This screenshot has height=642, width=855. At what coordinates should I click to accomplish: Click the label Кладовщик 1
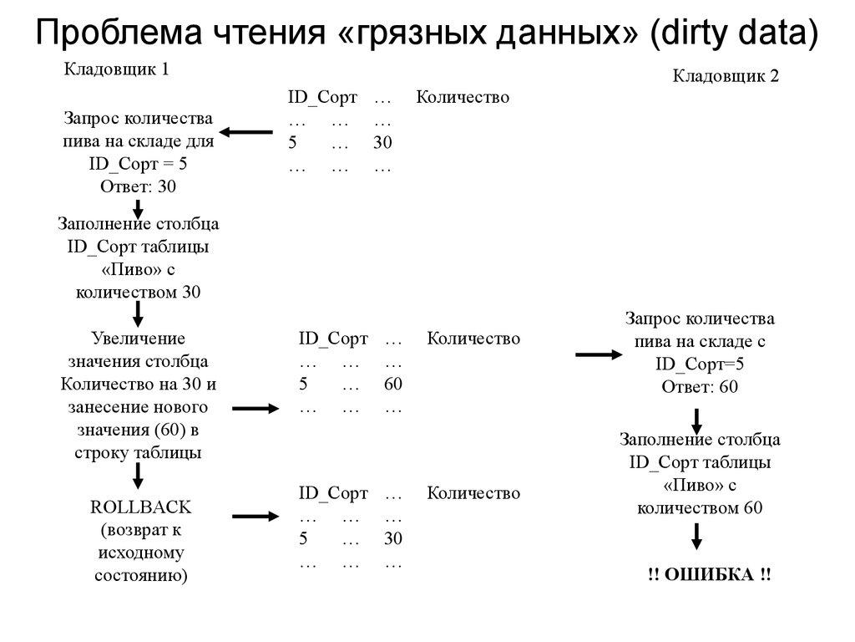click(117, 69)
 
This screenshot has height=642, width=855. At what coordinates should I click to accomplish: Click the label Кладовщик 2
click(726, 76)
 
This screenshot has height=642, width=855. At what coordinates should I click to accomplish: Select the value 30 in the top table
click(382, 143)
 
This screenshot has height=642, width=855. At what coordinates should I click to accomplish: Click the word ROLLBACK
click(140, 507)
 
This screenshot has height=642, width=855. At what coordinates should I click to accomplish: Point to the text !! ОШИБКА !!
click(709, 575)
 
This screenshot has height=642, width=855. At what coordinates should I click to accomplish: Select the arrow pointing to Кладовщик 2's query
click(599, 356)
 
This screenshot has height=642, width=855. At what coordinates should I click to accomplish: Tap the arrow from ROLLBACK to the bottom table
click(255, 518)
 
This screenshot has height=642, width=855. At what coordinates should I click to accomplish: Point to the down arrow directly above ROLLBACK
click(139, 474)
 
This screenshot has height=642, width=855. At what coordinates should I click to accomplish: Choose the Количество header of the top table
click(463, 98)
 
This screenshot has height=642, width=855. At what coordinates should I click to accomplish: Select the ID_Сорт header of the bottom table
click(333, 493)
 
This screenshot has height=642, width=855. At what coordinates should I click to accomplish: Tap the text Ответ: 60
click(700, 386)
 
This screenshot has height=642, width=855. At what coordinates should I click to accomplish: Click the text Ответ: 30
click(139, 186)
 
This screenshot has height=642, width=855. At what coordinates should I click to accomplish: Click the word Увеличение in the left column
click(139, 339)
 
